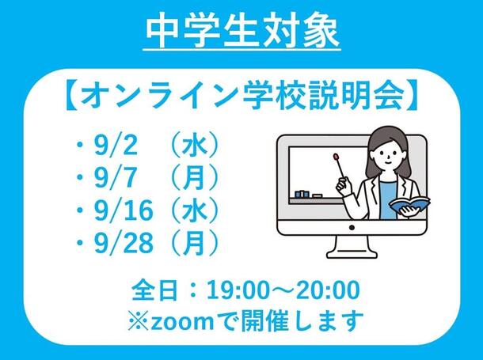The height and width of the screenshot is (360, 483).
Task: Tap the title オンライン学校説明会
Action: [242, 95]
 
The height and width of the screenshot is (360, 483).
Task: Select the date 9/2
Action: [116, 146]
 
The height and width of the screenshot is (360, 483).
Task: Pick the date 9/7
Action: [115, 178]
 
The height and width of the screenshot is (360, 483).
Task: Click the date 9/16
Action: [124, 210]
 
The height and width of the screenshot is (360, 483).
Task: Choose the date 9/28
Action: [124, 243]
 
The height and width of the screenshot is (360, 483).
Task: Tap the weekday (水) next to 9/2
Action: [194, 146]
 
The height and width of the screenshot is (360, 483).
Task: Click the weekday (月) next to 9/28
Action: [194, 243]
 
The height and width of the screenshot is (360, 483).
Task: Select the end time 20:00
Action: [328, 290]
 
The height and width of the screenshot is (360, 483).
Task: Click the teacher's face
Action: [387, 157]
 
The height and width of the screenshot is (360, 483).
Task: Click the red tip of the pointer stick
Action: [335, 157]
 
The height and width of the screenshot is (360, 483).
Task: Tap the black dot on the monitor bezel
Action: [352, 228]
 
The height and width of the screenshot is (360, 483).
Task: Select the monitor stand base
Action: [352, 252]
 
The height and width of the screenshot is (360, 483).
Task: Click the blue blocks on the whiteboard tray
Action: [302, 194]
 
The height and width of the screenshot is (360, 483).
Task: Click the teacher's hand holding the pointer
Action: [343, 185]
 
